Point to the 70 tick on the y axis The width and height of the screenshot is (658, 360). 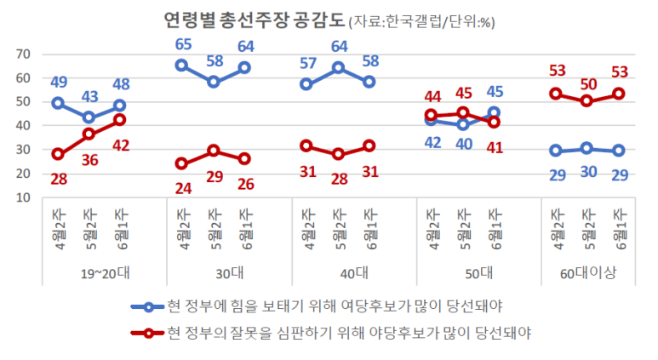(23, 54)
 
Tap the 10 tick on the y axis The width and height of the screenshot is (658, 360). (23, 197)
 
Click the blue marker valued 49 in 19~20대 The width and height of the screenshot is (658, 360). (58, 103)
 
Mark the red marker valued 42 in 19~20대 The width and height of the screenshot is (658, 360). (119, 120)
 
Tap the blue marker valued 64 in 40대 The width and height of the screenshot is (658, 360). (338, 67)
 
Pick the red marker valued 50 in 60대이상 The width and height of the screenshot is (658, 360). (587, 101)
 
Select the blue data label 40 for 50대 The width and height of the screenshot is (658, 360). (462, 144)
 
